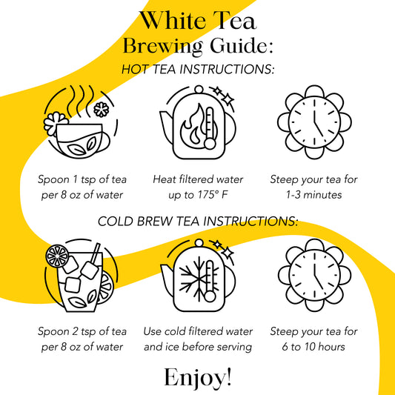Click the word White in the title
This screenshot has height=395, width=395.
(173, 21)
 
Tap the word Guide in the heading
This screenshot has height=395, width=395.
(239, 46)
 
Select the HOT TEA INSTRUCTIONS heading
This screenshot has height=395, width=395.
(198, 69)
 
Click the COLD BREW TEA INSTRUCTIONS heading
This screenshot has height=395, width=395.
(198, 222)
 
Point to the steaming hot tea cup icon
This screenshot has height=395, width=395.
(81, 123)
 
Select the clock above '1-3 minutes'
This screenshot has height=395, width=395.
(314, 122)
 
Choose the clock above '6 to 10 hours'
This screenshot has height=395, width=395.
(314, 276)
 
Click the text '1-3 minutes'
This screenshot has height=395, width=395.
(313, 195)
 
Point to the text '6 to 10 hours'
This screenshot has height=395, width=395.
(313, 347)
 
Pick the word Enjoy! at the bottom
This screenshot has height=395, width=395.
(198, 377)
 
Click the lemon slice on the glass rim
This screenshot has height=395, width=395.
(57, 256)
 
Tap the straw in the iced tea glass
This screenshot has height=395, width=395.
(95, 253)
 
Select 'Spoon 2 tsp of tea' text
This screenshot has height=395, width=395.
(82, 331)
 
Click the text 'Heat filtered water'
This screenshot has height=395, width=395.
(198, 179)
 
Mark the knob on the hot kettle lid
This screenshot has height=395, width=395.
(199, 90)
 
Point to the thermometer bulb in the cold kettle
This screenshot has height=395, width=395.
(209, 296)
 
